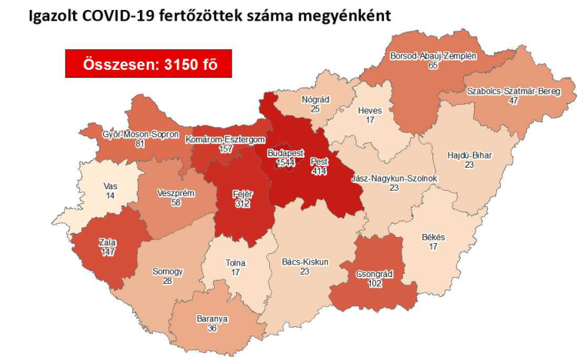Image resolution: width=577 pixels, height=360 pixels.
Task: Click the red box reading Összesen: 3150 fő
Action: click(x=148, y=64)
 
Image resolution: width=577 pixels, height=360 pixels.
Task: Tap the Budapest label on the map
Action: click(x=285, y=154)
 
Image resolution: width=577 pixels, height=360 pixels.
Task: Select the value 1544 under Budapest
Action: click(x=285, y=163)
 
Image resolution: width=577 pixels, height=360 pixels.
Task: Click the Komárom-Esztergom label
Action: click(x=225, y=139)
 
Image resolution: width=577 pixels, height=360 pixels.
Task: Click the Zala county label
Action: click(x=107, y=242)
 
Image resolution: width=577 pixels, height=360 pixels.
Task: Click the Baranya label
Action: click(x=211, y=318)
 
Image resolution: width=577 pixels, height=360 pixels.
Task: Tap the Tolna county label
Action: click(x=235, y=263)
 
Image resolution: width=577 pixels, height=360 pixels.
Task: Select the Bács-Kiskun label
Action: click(x=305, y=262)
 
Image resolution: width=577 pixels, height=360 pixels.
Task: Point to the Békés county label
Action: click(x=434, y=238)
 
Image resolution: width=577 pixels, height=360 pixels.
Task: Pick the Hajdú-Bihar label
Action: click(x=469, y=155)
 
